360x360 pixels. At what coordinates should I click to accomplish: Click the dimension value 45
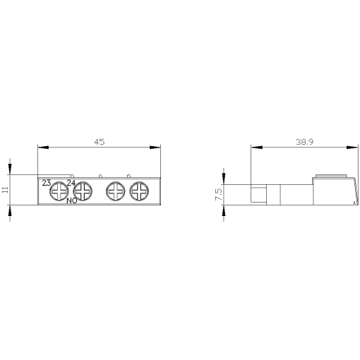(99, 142)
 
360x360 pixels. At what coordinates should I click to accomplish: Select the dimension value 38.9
(306, 142)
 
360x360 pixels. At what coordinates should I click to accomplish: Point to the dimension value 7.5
(218, 194)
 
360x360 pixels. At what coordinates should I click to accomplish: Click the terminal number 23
(46, 183)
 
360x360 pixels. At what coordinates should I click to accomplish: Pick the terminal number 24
(71, 183)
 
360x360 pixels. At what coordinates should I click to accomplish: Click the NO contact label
(71, 201)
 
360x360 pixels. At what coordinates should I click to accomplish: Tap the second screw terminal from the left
(83, 191)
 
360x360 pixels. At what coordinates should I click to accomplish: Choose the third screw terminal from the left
(115, 191)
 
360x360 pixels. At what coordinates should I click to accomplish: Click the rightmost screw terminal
(139, 191)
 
